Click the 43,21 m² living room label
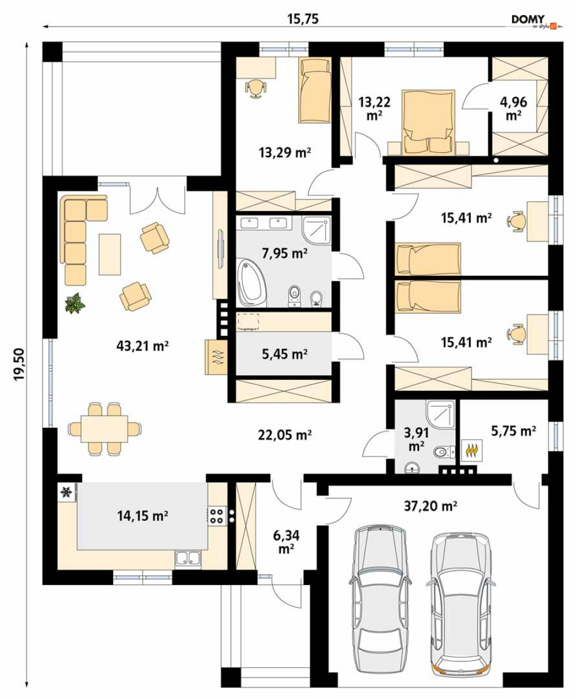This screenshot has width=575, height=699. click(142, 346)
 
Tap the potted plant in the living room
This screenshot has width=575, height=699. click(75, 303)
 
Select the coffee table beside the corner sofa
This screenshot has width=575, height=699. click(110, 254)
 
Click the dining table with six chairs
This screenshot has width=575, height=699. click(105, 429)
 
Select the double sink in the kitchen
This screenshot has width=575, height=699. click(188, 559)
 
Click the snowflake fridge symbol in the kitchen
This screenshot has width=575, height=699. click(66, 493)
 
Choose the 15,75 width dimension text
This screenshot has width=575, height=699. click(303, 19)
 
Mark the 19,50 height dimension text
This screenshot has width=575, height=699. click(19, 364)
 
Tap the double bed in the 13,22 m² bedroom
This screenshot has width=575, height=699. click(428, 123)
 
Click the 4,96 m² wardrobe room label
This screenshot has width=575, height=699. click(513, 108)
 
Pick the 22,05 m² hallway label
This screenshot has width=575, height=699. click(284, 435)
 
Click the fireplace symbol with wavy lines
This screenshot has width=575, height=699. click(216, 357)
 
